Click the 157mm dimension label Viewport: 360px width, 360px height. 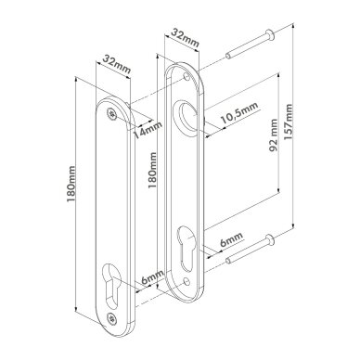(x=289, y=122)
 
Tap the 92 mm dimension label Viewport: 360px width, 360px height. (x=274, y=135)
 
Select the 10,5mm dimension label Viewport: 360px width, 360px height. (x=238, y=113)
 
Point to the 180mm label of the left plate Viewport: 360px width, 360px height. (x=71, y=184)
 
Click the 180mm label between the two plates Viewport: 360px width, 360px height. (x=152, y=170)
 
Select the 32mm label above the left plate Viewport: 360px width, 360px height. (x=116, y=64)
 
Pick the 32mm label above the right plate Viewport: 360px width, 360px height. (x=185, y=37)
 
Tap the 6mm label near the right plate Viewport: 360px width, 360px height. (x=231, y=239)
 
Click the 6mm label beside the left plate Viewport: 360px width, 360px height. (x=152, y=277)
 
